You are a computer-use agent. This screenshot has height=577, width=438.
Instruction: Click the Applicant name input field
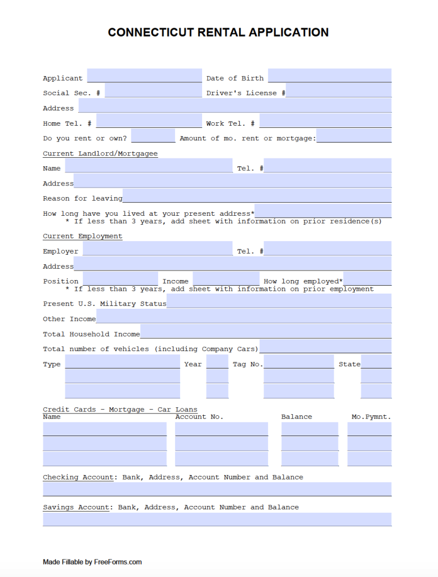(x=144, y=76)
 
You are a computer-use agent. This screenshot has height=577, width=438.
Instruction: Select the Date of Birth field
(x=329, y=76)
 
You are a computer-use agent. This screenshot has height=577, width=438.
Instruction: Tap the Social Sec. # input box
(x=153, y=91)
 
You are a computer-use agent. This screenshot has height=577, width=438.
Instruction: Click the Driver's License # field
(x=338, y=91)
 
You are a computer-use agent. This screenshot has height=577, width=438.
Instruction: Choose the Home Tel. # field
(x=149, y=121)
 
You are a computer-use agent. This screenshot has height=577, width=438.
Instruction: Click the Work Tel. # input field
(x=325, y=121)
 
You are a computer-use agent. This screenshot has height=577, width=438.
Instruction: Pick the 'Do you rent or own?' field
(x=153, y=136)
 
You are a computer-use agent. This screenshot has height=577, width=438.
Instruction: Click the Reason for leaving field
(x=257, y=196)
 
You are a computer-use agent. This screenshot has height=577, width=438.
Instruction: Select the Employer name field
(x=157, y=249)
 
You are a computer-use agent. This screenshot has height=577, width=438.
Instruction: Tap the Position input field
(x=120, y=279)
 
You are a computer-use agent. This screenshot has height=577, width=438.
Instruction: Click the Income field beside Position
(x=226, y=279)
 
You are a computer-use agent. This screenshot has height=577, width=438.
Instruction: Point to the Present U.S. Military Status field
(x=279, y=301)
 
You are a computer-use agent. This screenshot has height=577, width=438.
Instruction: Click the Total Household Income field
(x=266, y=332)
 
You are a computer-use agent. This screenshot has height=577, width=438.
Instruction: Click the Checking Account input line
(x=217, y=489)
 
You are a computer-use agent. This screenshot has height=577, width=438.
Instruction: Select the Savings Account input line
(x=217, y=519)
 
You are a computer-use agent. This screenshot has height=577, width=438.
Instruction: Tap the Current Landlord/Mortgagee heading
(x=100, y=154)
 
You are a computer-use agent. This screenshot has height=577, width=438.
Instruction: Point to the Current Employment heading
(x=82, y=236)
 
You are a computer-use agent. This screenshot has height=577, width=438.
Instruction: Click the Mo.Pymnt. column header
(x=371, y=417)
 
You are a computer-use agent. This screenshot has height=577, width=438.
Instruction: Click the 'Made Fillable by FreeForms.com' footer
(x=92, y=562)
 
